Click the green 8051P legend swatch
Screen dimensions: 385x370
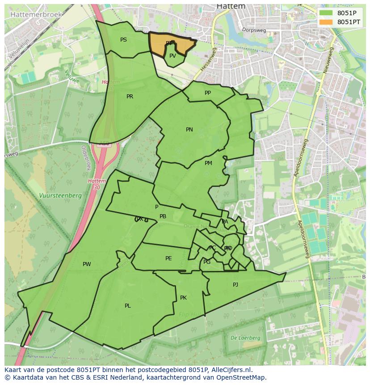[x=326, y=13]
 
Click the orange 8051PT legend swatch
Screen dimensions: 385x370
[x=326, y=22]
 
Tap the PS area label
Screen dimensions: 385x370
[x=123, y=40]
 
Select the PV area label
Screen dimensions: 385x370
[x=172, y=56]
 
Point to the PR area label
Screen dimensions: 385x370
[x=130, y=97]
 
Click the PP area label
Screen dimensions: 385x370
[x=207, y=93]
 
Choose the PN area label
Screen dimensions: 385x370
[x=189, y=130]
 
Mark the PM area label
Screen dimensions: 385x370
[x=208, y=163]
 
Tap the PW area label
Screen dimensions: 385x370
[x=87, y=264]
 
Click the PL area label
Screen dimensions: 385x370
[x=128, y=306]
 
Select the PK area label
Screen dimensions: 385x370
[x=183, y=298]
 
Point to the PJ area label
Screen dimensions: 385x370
[x=235, y=285]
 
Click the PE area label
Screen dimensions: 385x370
[x=168, y=258]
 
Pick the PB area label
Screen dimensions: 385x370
[x=163, y=216]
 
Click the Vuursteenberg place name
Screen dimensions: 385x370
[x=60, y=195]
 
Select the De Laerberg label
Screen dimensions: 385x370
[x=245, y=338]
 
